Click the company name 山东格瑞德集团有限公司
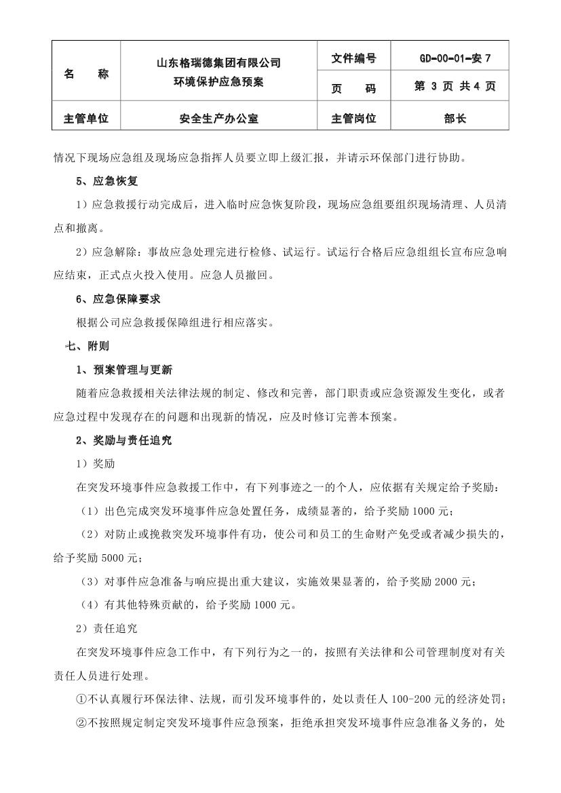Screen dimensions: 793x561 tap(218, 63)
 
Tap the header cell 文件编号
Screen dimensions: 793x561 tap(353, 58)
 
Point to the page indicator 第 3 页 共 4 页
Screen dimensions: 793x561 tap(454, 87)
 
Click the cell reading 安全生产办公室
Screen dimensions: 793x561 tap(218, 119)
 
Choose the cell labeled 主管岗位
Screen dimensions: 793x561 tap(353, 119)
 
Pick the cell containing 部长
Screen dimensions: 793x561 tap(454, 119)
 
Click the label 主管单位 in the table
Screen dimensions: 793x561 tap(86, 119)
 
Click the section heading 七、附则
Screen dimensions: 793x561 tap(86, 346)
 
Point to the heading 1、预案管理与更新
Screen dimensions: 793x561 tap(124, 370)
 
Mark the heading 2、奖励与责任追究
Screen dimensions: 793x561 tap(124, 440)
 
